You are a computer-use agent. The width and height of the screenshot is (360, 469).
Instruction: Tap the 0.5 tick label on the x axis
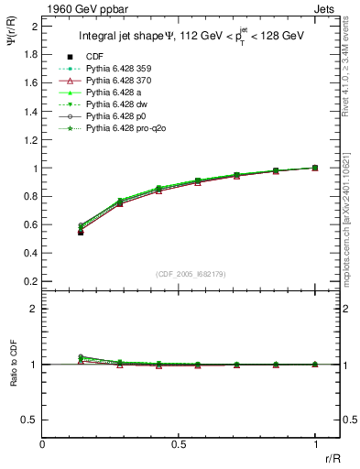pos(179,443)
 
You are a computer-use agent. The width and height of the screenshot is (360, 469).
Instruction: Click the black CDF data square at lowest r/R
pos(81,233)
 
